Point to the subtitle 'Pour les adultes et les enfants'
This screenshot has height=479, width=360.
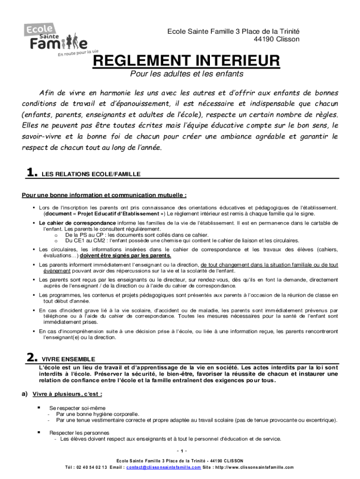tap(187, 74)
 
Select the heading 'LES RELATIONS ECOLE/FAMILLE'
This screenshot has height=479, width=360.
tap(91, 174)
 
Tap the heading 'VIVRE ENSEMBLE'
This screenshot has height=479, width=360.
tap(69, 359)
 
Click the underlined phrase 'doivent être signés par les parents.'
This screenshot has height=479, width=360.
tap(126, 256)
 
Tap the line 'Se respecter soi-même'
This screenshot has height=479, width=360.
tap(78, 408)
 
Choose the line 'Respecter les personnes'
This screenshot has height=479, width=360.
tap(79, 433)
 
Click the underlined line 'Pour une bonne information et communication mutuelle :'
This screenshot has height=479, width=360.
tap(104, 195)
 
